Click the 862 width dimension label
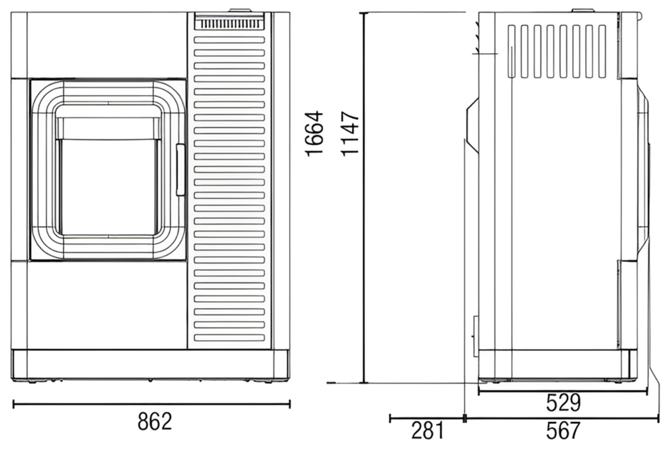click(x=155, y=421)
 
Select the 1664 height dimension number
click(x=314, y=133)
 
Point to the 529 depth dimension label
click(x=563, y=403)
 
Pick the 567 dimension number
click(x=563, y=430)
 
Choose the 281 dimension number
click(x=428, y=430)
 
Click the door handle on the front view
click(x=181, y=170)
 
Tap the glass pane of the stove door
click(x=108, y=187)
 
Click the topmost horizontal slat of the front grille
click(x=229, y=40)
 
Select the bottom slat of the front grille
click(x=229, y=338)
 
